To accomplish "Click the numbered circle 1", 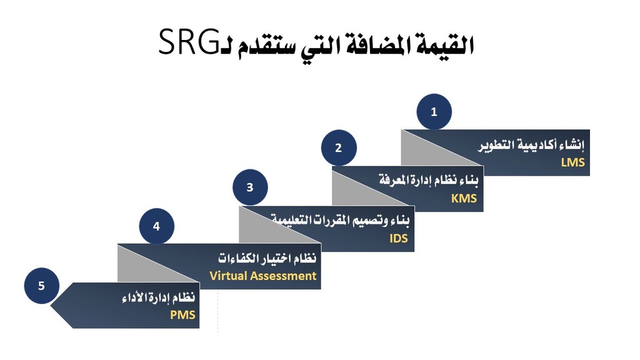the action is pos(434,111).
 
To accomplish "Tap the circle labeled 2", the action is pos(339,147).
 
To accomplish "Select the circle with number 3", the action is pos(250,187).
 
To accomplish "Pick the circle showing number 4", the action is pos(157,226).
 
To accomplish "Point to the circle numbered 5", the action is pos(42,286).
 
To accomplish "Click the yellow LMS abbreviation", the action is pos(572,162).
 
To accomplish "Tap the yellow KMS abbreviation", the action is pos(464,198).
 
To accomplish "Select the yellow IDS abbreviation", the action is pos(399,238).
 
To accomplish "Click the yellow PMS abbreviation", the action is pos(182,315).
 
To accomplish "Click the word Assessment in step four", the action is pos(284,276).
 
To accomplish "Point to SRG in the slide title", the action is pos(189,41).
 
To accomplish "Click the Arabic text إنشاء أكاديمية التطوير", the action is pos(531,144).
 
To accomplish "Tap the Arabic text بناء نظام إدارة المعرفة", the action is pos(429,179).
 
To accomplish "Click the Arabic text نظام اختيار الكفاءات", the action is pos(267,258).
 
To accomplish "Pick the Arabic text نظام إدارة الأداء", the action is pos(159,297).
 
